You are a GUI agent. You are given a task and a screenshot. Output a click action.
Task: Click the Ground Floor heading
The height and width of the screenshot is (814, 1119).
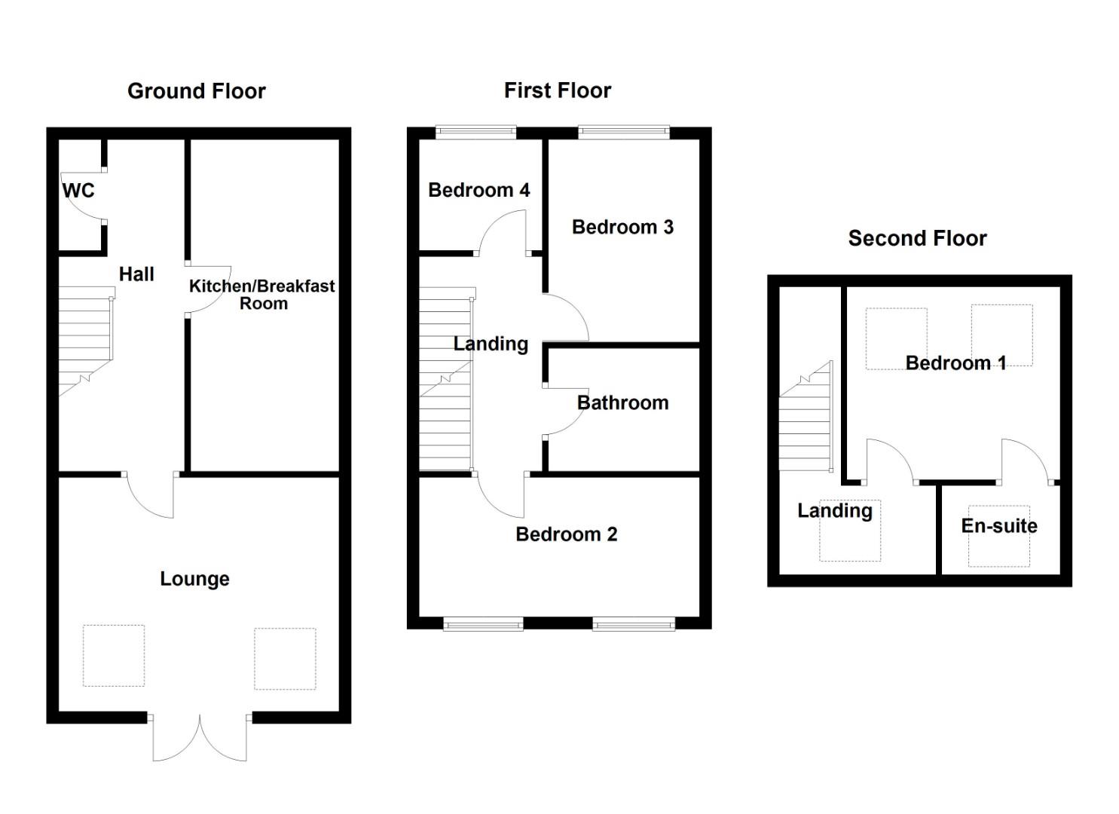(x=196, y=91)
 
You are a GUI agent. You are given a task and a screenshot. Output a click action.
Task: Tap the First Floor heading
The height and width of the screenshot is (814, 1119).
(x=557, y=90)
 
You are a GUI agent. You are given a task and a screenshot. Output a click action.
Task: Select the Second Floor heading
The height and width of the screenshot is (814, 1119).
(x=917, y=238)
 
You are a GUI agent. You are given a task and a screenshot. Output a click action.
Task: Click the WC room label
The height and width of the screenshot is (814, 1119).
(x=78, y=191)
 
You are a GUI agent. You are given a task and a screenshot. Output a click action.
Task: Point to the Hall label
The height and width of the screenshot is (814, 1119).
(x=136, y=274)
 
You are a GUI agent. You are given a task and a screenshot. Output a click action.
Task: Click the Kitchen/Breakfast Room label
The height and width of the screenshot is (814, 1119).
(x=261, y=295)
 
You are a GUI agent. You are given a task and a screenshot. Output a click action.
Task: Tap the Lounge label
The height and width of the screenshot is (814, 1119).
(x=194, y=579)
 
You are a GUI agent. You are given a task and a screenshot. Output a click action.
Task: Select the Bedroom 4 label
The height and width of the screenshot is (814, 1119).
(x=478, y=190)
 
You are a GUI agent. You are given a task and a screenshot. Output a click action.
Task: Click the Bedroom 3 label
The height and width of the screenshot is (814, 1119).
(x=622, y=227)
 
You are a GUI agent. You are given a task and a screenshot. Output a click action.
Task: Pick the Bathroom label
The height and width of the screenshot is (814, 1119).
(x=622, y=402)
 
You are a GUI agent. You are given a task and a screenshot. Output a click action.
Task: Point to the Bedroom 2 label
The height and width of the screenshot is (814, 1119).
(x=566, y=534)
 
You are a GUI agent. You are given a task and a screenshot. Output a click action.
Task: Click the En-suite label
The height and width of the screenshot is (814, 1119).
(x=998, y=526)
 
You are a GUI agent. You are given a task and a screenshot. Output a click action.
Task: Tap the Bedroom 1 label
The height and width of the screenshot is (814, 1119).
(x=955, y=363)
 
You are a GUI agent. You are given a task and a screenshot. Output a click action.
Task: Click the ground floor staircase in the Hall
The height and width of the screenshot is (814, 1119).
(x=86, y=339)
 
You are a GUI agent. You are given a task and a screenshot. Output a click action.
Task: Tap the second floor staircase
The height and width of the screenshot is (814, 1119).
(x=806, y=422)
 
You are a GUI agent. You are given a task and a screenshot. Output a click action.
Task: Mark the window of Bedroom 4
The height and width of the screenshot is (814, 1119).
(x=476, y=133)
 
